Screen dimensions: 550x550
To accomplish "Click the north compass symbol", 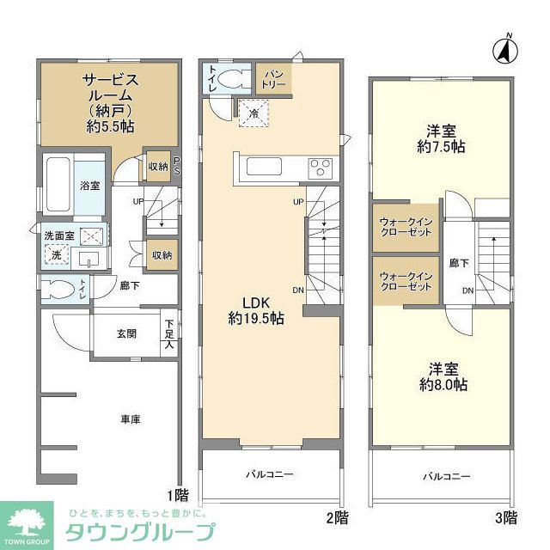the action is point(505,50).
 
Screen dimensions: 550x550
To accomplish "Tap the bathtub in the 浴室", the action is point(58,185).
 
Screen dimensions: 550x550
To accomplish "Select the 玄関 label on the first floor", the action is point(126,333).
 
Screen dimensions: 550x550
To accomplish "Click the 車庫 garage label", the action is point(131,419).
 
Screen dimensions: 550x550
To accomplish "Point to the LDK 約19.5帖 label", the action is point(256,310).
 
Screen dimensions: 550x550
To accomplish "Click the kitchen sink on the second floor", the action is point(264,166).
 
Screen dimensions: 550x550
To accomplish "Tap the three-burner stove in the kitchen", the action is point(321,167).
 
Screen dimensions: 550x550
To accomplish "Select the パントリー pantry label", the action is point(273,79).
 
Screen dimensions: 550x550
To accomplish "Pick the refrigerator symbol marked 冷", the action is point(254,113).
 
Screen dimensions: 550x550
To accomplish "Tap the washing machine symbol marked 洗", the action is point(57,255).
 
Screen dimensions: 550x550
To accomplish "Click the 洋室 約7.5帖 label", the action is point(441,139).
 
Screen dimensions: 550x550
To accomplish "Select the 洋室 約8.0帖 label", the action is point(443,377).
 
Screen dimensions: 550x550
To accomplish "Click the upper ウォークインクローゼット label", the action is point(406,227).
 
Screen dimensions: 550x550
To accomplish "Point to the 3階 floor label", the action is point(506,517).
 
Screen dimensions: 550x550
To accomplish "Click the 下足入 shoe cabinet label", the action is point(169,333).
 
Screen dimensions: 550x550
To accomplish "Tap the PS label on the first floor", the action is point(177,166).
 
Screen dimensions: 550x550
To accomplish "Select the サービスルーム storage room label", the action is point(111,103).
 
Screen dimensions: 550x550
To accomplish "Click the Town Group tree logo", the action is point(27,524).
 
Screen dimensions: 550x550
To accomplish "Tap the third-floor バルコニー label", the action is point(446,477).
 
